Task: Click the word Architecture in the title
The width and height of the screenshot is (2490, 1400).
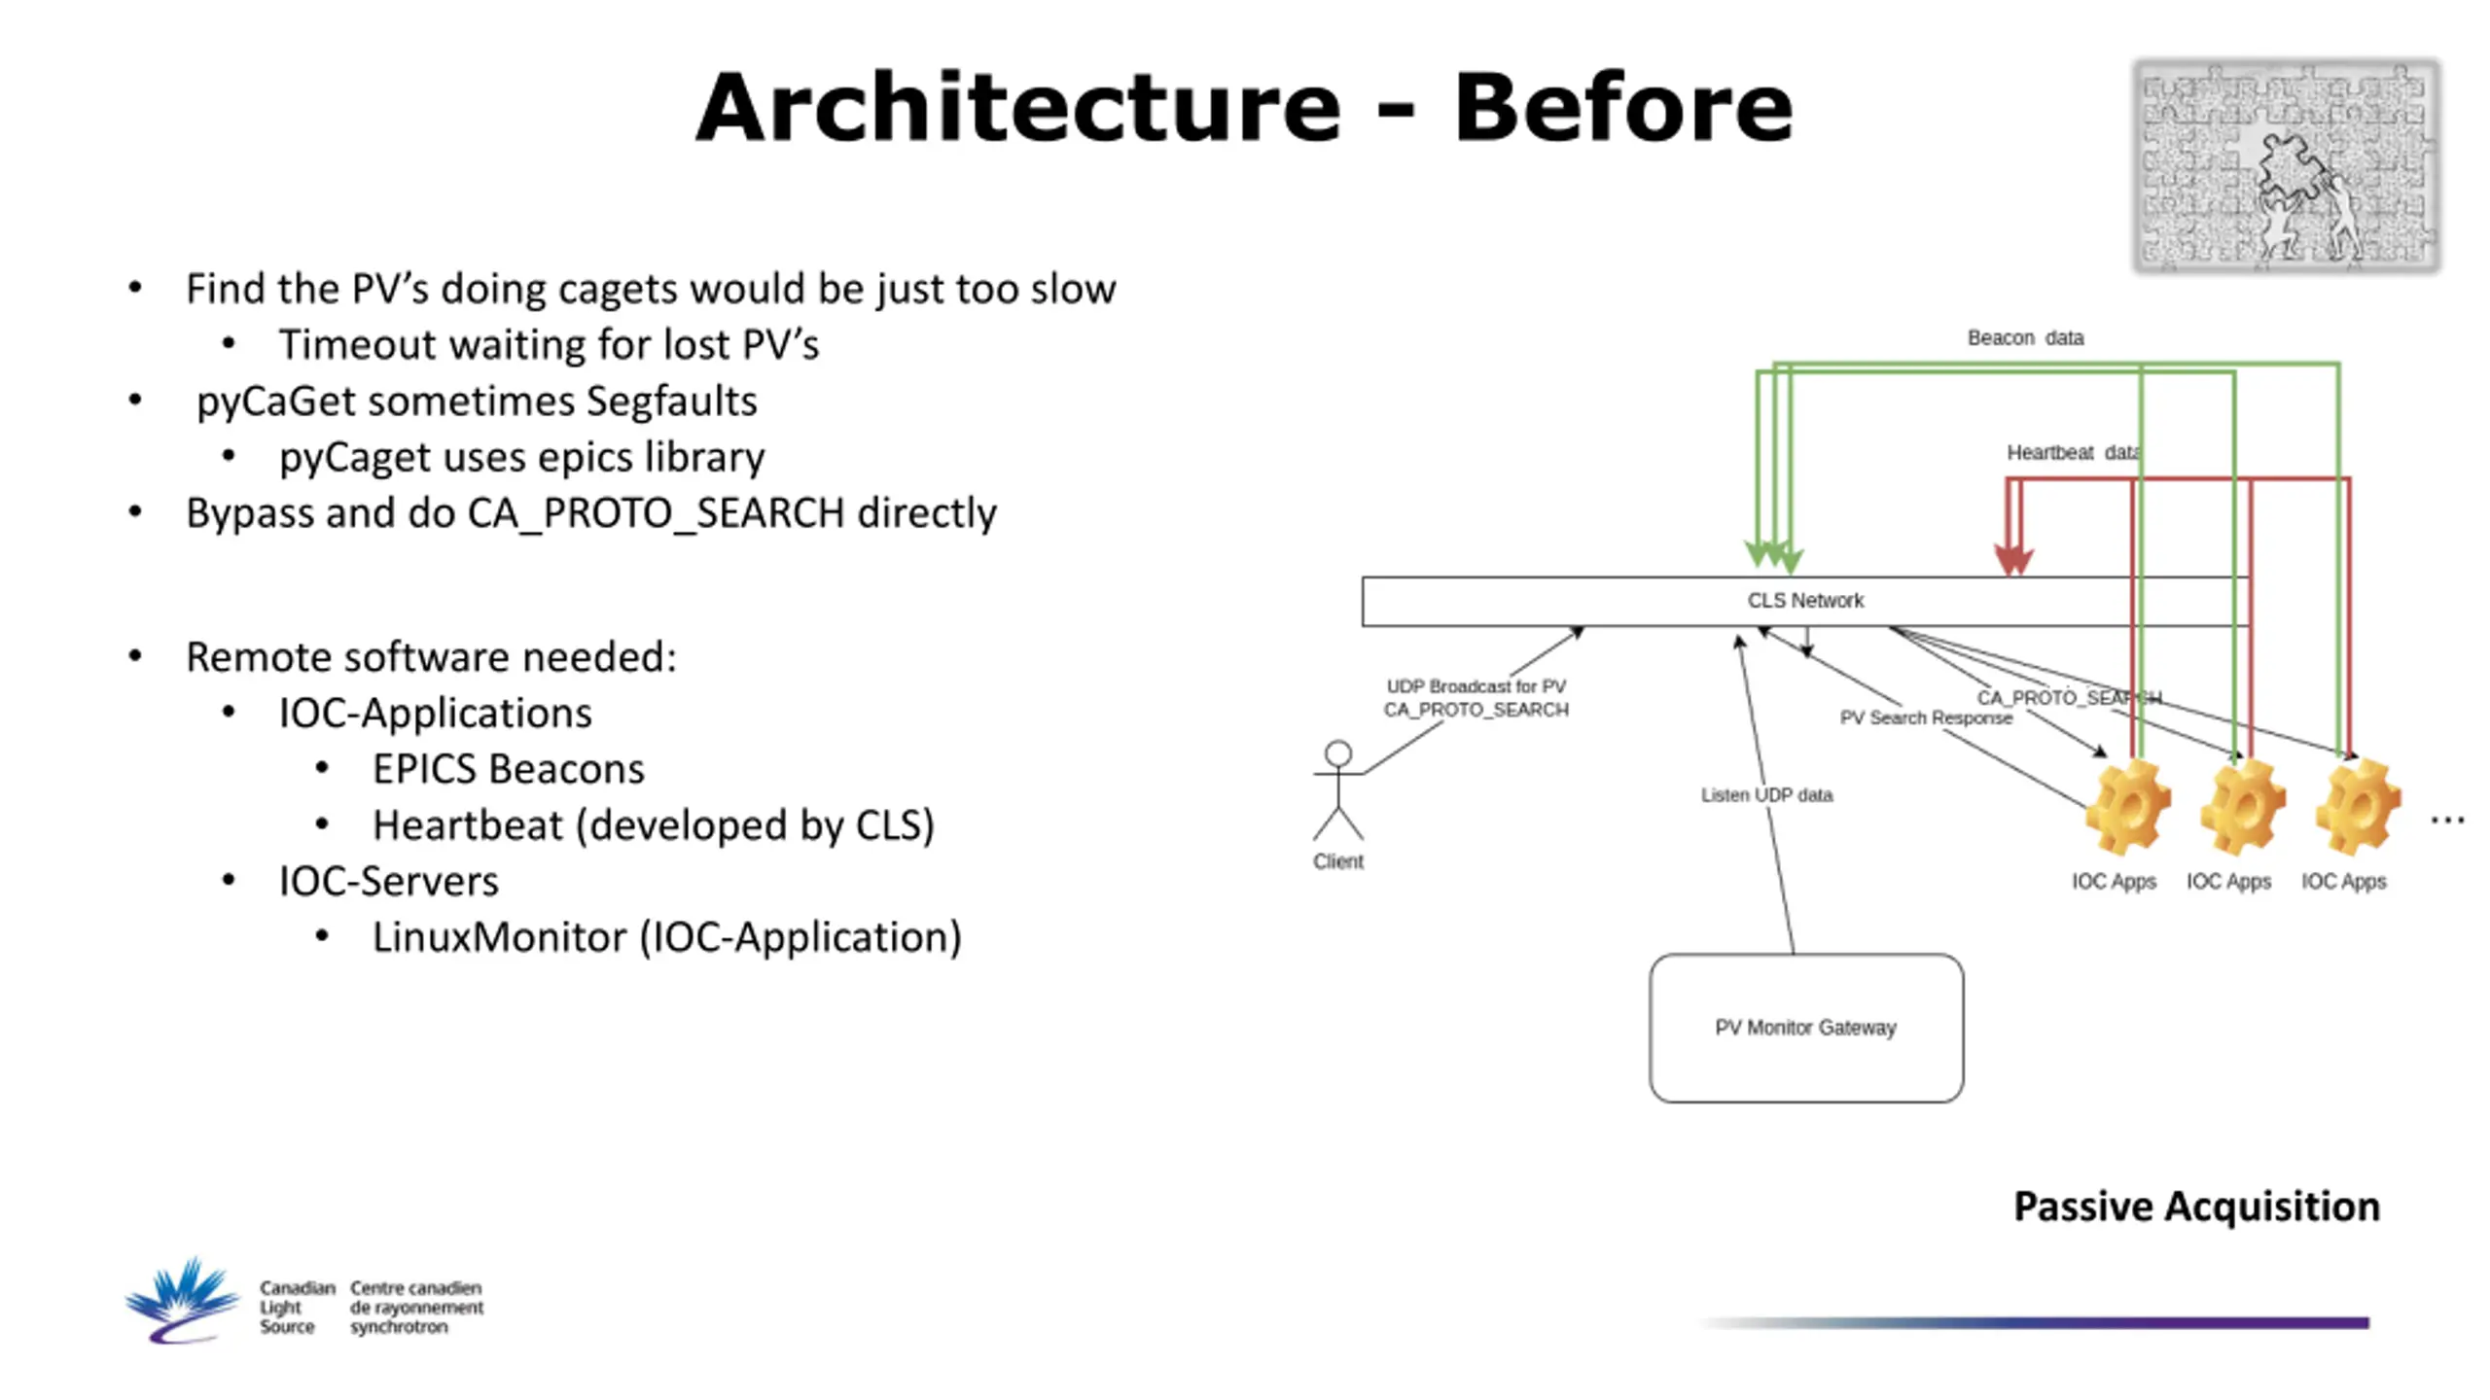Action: point(1018,107)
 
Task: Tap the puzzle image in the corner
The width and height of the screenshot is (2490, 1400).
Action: point(2287,166)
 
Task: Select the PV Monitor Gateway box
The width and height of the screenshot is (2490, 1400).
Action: point(1806,1028)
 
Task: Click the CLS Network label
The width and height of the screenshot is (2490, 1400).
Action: point(1805,601)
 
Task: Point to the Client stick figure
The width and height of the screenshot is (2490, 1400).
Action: point(1338,790)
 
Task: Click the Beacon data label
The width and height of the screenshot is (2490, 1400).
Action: point(2025,338)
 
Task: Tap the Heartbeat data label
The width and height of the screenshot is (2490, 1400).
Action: point(2073,453)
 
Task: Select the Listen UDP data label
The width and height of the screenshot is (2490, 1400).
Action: point(1766,795)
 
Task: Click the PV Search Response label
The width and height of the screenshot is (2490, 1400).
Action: point(1926,717)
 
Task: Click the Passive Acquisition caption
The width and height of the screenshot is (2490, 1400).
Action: point(2196,1207)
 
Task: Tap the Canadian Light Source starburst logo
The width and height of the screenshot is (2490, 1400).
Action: point(182,1301)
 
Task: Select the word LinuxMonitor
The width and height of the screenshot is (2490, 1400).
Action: point(499,937)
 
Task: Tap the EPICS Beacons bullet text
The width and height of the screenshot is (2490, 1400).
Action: point(509,769)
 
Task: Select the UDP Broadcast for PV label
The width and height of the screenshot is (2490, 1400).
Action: point(1476,686)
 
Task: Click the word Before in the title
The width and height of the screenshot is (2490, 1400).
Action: point(1623,107)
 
